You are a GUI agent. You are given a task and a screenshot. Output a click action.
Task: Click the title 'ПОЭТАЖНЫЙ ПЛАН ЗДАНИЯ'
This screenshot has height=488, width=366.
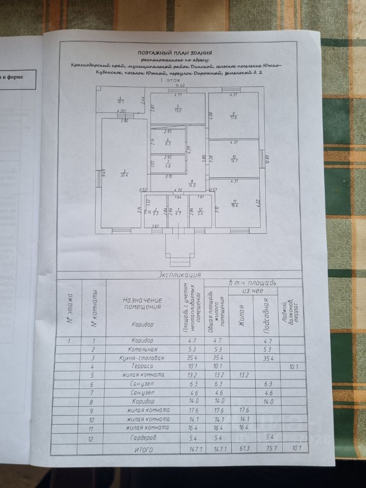pos(175,52)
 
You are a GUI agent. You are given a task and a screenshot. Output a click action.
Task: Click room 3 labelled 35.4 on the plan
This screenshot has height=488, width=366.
pos(124,173)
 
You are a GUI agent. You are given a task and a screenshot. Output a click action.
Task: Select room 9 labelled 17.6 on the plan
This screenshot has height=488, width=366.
pos(233,115)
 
